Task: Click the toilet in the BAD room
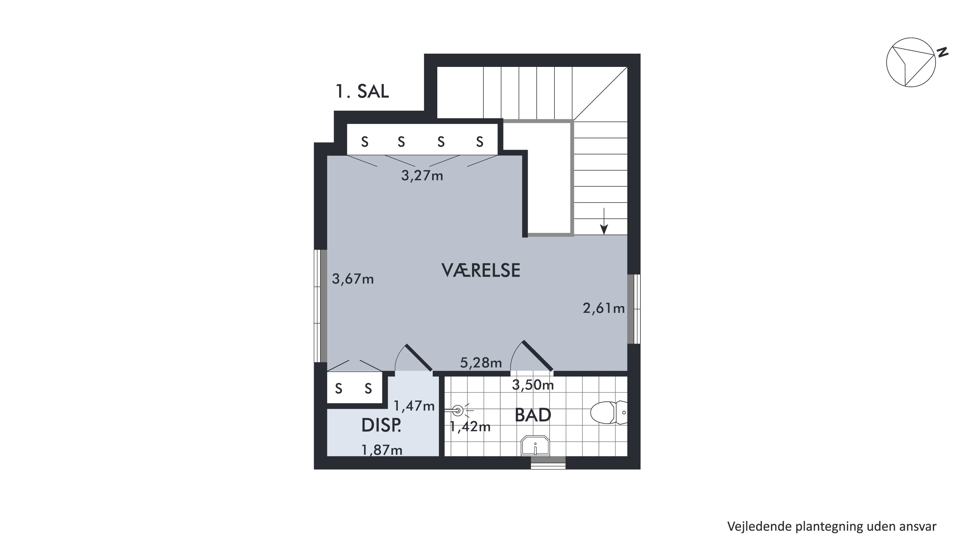(x=608, y=412)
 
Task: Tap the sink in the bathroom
(x=535, y=446)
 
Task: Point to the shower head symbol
(x=458, y=411)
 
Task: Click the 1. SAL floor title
(x=362, y=91)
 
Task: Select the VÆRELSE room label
(x=481, y=271)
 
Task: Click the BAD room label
(x=533, y=415)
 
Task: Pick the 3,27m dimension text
(x=422, y=176)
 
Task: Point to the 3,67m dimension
(x=353, y=279)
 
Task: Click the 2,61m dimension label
(x=604, y=308)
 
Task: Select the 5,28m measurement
(x=481, y=363)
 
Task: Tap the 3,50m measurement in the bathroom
(x=533, y=385)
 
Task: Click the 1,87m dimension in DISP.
(x=382, y=450)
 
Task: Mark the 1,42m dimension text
(x=470, y=427)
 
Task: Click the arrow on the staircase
(x=604, y=221)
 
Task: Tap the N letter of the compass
(x=942, y=52)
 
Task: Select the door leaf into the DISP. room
(x=419, y=358)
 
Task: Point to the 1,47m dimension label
(x=414, y=406)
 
